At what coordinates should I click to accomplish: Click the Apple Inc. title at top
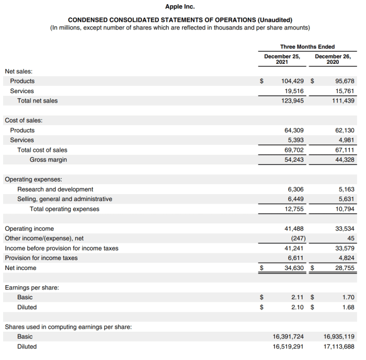pyautogui.click(x=182, y=7)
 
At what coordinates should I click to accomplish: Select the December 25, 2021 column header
pyautogui.click(x=282, y=59)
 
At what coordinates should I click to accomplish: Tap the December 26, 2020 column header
pyautogui.click(x=333, y=59)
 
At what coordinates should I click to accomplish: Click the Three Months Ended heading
pyautogui.click(x=307, y=47)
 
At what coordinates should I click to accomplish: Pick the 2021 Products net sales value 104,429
pyautogui.click(x=292, y=81)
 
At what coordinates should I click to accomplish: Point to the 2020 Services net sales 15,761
pyautogui.click(x=345, y=91)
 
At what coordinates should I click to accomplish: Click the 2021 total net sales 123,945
pyautogui.click(x=292, y=100)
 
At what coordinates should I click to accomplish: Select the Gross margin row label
pyautogui.click(x=48, y=160)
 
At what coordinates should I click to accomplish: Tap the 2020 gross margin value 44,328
pyautogui.click(x=345, y=160)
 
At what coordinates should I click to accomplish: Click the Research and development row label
pyautogui.click(x=55, y=189)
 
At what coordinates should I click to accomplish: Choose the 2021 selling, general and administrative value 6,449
pyautogui.click(x=295, y=199)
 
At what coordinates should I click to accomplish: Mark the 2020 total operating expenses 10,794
pyautogui.click(x=345, y=209)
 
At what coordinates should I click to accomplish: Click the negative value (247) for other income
pyautogui.click(x=295, y=238)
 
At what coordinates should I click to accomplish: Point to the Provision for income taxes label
pyautogui.click(x=41, y=258)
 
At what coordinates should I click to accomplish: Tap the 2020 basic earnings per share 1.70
pyautogui.click(x=348, y=297)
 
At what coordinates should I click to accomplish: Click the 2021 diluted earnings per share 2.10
pyautogui.click(x=298, y=307)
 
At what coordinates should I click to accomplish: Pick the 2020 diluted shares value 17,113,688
pyautogui.click(x=339, y=346)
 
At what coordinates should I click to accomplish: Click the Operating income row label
pyautogui.click(x=29, y=229)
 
